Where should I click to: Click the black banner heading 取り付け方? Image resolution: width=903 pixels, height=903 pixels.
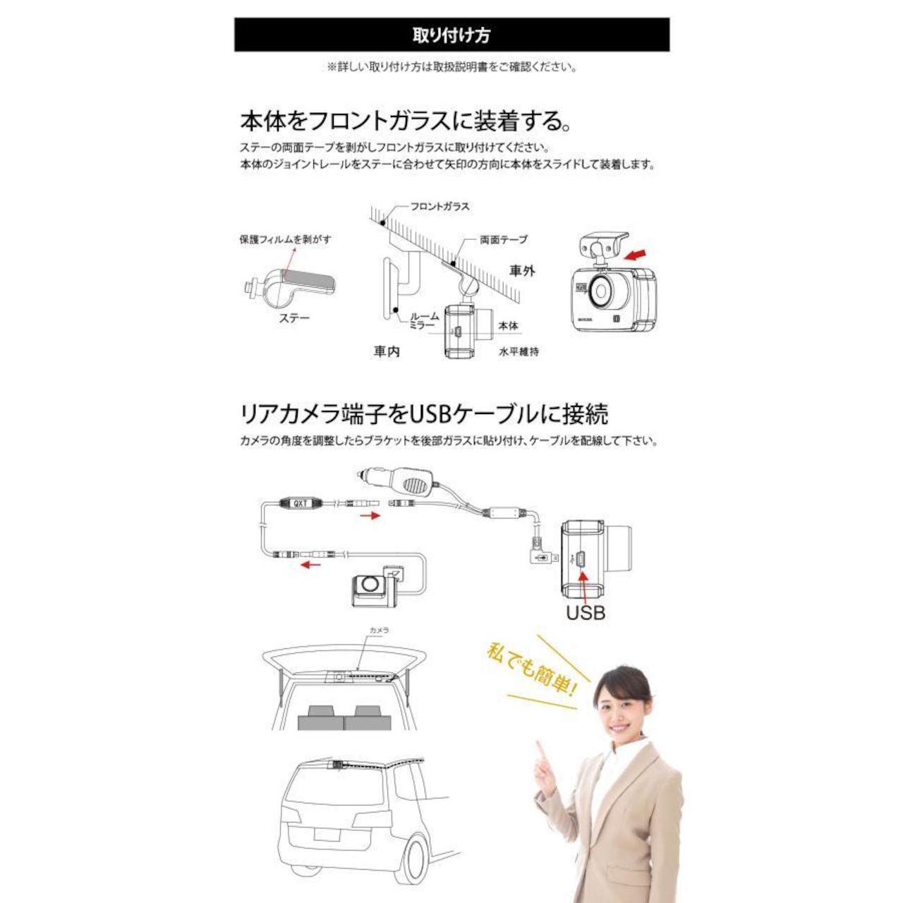[x=451, y=35]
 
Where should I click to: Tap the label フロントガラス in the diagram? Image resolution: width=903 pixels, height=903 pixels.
[x=440, y=207]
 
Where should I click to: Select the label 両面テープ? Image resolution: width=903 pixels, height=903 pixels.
[x=503, y=240]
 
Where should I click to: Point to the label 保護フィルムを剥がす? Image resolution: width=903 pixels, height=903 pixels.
[x=285, y=240]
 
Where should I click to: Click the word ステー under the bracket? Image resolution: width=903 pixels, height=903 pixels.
[x=294, y=318]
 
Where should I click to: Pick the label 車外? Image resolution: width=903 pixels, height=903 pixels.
[x=522, y=271]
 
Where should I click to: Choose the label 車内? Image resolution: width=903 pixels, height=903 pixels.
[x=387, y=351]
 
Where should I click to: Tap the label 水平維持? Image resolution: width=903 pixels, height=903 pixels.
[x=519, y=351]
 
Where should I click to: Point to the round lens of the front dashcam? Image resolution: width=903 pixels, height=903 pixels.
[x=601, y=290]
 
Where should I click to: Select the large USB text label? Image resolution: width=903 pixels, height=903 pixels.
[x=586, y=612]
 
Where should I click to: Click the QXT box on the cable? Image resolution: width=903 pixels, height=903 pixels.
[x=301, y=504]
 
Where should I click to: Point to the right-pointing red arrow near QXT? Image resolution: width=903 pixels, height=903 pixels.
[x=370, y=516]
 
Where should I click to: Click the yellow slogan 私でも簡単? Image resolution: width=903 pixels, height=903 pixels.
[x=531, y=667]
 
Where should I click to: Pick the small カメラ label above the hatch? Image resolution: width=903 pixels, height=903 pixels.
[x=380, y=630]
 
